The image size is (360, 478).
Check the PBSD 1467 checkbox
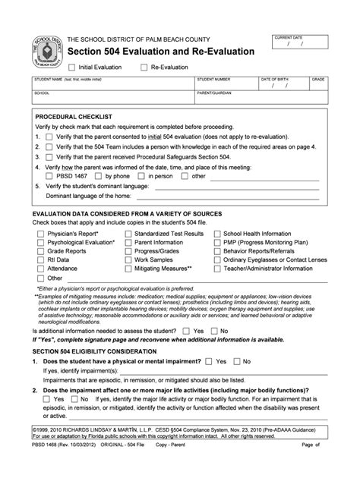point(49,176)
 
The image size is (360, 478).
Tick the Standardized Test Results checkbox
point(127,234)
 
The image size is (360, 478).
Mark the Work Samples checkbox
point(127,259)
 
